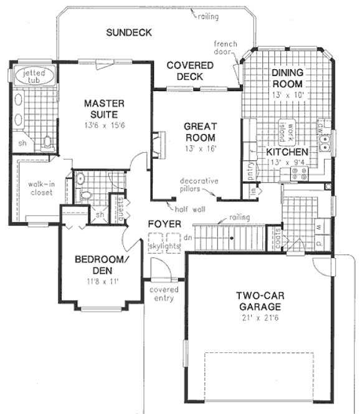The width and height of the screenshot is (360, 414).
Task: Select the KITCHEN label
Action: [x=287, y=152]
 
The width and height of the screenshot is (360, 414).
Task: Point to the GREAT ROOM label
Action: [x=199, y=132]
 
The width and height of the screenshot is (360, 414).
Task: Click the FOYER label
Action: [x=164, y=224]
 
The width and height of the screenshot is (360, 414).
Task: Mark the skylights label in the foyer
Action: [x=164, y=246]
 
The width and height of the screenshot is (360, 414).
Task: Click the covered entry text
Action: [x=164, y=294]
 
